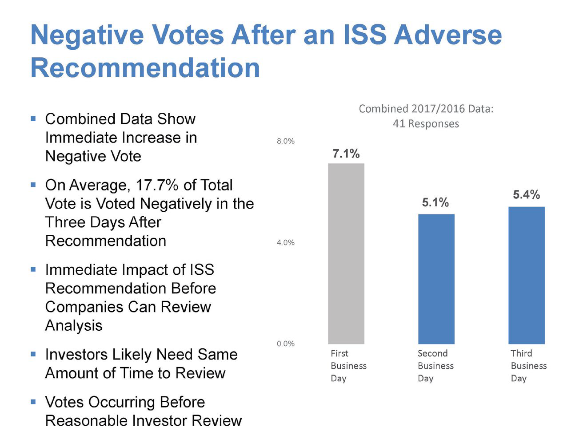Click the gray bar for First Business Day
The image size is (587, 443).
[346, 253]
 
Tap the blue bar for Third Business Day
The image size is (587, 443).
[527, 275]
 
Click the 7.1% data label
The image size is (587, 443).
[346, 154]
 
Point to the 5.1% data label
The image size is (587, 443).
[435, 202]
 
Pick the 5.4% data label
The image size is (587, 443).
[527, 194]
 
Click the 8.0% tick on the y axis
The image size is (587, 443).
[286, 141]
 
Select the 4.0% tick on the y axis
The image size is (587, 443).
[286, 242]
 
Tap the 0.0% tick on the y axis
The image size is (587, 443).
[286, 344]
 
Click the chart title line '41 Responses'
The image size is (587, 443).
[426, 124]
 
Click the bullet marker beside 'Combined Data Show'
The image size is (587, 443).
[33, 119]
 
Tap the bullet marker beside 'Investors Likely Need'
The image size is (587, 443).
[33, 354]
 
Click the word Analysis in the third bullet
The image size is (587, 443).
[74, 326]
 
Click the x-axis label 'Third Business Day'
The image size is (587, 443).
[528, 366]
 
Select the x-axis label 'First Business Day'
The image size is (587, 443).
[348, 366]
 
